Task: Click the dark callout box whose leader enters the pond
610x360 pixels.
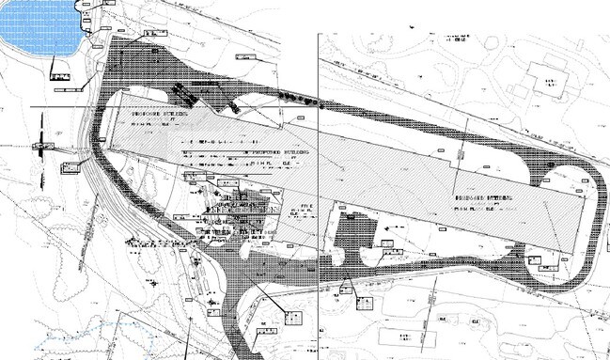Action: coord(61,75)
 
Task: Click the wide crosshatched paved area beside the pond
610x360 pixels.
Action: coord(117,66)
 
